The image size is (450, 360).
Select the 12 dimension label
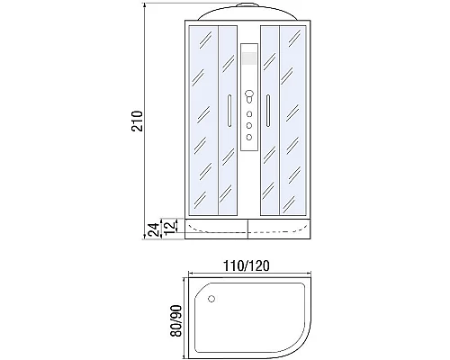tap(168, 221)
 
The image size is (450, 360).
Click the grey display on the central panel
tap(249, 59)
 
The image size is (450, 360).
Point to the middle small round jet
tap(249, 126)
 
